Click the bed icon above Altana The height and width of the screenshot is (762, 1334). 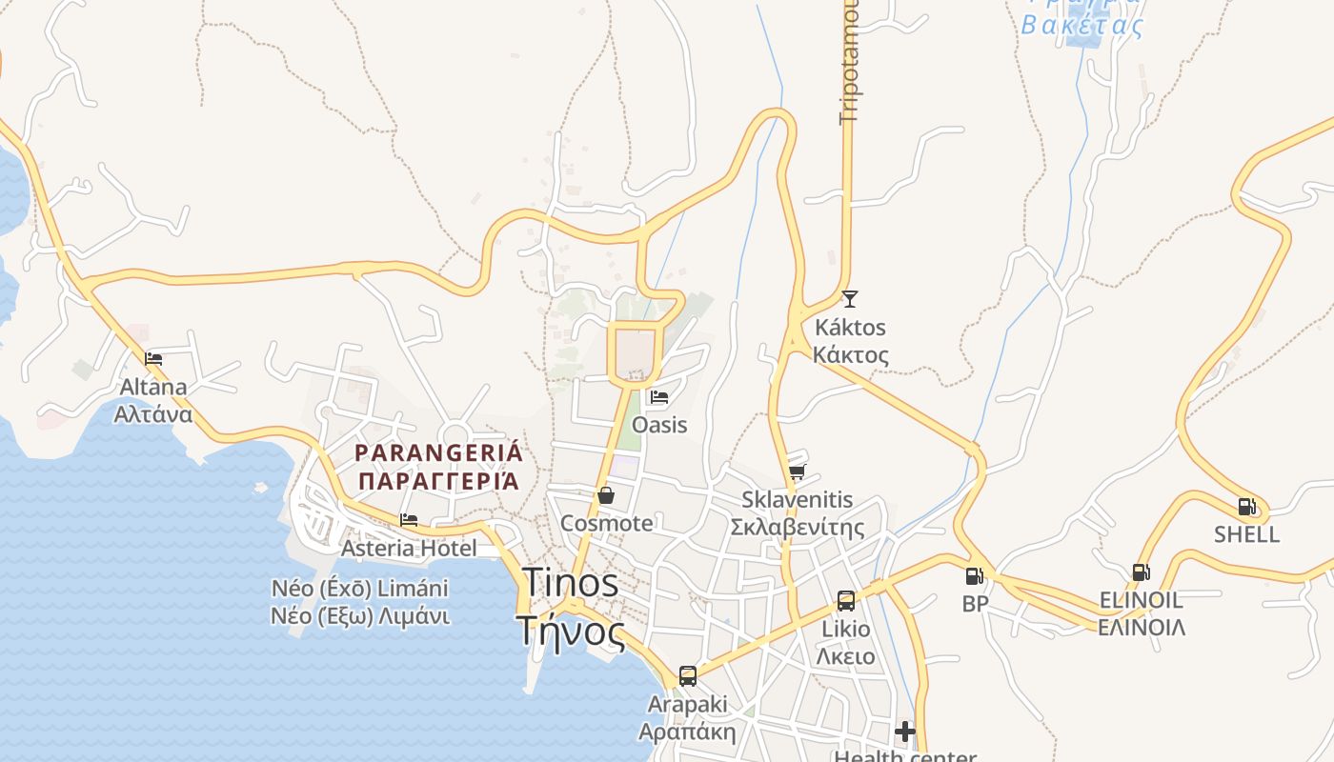pyautogui.click(x=153, y=359)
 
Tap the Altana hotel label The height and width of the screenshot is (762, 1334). pyautogui.click(x=153, y=401)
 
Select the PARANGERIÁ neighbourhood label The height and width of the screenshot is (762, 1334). pyautogui.click(x=439, y=467)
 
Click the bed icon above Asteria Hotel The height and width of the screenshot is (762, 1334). pyautogui.click(x=409, y=520)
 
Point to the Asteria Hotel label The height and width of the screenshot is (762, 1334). pyautogui.click(x=409, y=549)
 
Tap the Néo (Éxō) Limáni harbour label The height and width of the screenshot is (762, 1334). pyautogui.click(x=360, y=602)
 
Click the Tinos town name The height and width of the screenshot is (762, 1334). pyautogui.click(x=570, y=606)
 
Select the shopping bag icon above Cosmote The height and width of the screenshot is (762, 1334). pyautogui.click(x=605, y=495)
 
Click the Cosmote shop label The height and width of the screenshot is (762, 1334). pyautogui.click(x=607, y=523)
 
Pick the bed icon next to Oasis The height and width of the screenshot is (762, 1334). pyautogui.click(x=658, y=397)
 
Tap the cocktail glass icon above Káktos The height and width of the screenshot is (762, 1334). pyautogui.click(x=850, y=299)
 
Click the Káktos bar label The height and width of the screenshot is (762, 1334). pyautogui.click(x=850, y=341)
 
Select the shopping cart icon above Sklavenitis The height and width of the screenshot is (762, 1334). pyautogui.click(x=798, y=471)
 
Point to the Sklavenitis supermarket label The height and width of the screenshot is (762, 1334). pyautogui.click(x=798, y=513)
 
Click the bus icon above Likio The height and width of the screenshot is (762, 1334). pyautogui.click(x=846, y=600)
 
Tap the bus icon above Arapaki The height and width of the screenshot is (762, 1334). pyautogui.click(x=687, y=676)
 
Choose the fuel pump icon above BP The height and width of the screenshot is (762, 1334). pyautogui.click(x=974, y=575)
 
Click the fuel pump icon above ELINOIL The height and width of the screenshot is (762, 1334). pyautogui.click(x=1141, y=572)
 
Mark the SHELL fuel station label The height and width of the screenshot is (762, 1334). pyautogui.click(x=1246, y=534)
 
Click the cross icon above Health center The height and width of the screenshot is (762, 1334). pyautogui.click(x=905, y=732)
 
